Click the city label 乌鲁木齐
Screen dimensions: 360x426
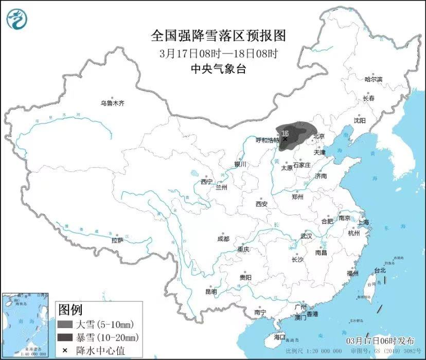[x=112, y=103]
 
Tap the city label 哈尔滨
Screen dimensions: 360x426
[x=373, y=79]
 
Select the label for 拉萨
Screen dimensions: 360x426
[x=117, y=240]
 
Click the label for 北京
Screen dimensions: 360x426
[x=319, y=136]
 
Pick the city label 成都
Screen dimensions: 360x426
[x=223, y=239]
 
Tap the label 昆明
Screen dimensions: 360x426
[x=211, y=292]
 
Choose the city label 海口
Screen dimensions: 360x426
[x=279, y=337]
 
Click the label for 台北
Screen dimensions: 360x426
[x=380, y=270]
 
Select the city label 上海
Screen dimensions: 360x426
[x=364, y=222]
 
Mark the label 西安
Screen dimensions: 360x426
[x=261, y=204]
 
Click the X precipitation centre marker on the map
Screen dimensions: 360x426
[x=285, y=138]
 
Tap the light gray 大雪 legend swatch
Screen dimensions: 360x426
[x=65, y=325]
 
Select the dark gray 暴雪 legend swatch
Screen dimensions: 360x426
[x=65, y=337]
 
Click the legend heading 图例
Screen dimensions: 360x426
[x=70, y=310]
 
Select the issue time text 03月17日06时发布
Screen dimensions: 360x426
[x=380, y=341]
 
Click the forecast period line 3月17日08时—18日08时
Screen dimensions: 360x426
[x=218, y=53]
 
